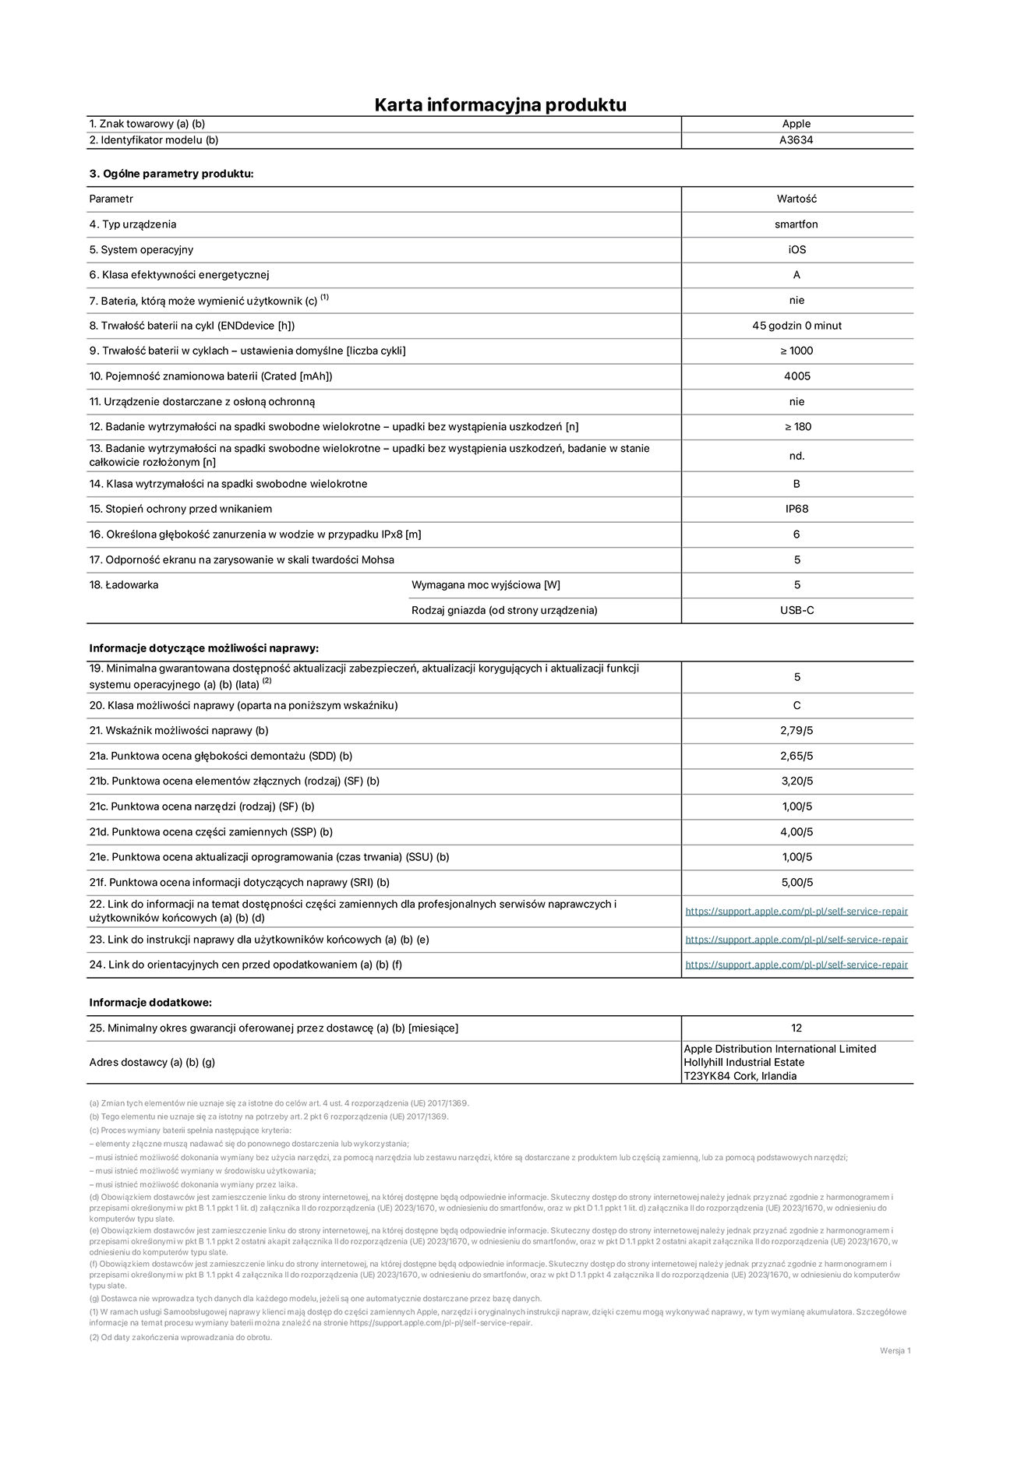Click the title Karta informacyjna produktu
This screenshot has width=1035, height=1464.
click(500, 104)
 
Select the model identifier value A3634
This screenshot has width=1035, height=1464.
click(796, 140)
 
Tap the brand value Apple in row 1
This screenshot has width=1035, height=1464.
click(796, 124)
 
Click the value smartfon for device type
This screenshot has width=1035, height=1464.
click(796, 224)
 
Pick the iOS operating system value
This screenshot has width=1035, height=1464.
click(796, 250)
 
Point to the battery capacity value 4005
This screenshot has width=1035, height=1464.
click(797, 376)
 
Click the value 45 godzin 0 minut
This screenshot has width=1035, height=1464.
click(797, 326)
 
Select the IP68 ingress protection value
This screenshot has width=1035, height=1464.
click(797, 509)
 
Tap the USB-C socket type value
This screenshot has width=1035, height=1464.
click(797, 610)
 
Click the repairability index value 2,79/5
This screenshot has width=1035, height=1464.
click(796, 731)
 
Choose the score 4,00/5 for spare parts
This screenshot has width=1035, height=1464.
click(796, 832)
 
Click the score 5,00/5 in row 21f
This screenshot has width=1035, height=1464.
click(796, 883)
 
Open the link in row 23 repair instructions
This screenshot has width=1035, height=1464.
click(796, 940)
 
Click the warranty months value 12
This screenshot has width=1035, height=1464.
click(796, 1028)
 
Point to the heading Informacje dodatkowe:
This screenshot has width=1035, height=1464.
click(150, 1003)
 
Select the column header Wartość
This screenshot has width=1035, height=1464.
click(796, 199)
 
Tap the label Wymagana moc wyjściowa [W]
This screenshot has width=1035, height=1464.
click(486, 585)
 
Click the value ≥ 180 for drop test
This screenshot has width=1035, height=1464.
click(797, 427)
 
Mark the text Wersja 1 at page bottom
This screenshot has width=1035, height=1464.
click(895, 1351)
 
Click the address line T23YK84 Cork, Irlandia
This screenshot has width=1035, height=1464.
click(740, 1076)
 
